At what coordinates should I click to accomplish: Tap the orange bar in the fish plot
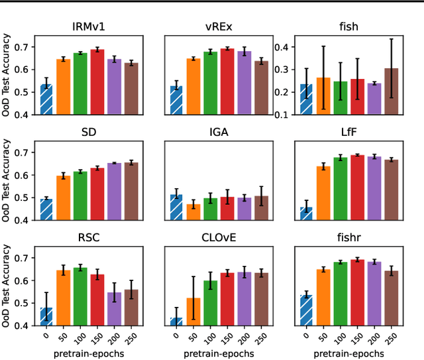coord(323,95)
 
